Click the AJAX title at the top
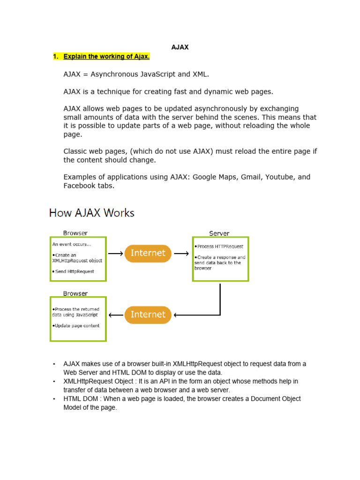tap(180, 47)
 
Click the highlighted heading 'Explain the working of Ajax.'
tap(106, 57)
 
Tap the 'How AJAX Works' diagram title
tap(92, 213)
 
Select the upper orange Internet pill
tap(148, 253)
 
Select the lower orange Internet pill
tap(148, 315)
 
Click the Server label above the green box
tap(219, 233)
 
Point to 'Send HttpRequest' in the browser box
tap(75, 271)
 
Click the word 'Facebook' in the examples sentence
tap(80, 186)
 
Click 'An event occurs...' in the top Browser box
tap(72, 244)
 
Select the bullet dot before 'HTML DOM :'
tap(54, 399)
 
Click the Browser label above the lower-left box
tap(75, 293)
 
